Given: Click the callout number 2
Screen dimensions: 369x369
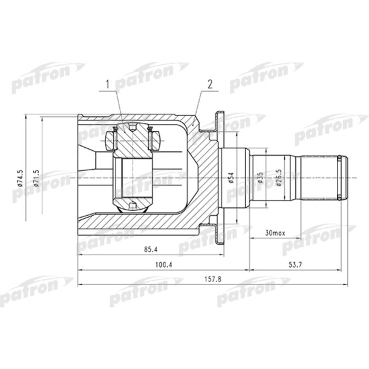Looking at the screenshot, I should pyautogui.click(x=209, y=84).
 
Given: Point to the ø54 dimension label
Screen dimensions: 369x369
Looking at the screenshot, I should pyautogui.click(x=231, y=178).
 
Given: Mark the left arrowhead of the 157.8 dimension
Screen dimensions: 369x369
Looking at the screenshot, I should pyautogui.click(x=80, y=285).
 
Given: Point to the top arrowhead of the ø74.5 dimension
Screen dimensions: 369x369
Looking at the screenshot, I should pyautogui.click(x=25, y=116).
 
